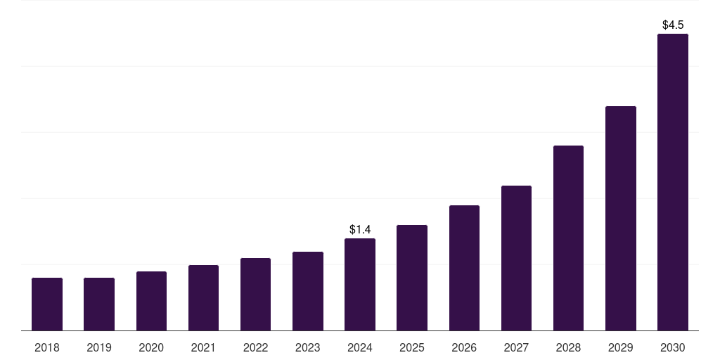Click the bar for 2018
tap(47, 304)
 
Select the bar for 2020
tap(151, 301)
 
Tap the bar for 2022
tap(255, 294)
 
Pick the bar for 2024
tap(360, 284)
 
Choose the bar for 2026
tap(464, 268)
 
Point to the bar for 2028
tap(568, 238)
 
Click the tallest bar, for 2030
tap(673, 182)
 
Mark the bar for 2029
tap(621, 218)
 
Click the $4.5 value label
tap(673, 25)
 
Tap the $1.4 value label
tap(360, 229)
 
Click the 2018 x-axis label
tap(47, 347)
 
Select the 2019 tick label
tap(99, 347)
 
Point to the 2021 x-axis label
tap(203, 347)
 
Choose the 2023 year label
tap(308, 347)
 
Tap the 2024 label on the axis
tap(360, 347)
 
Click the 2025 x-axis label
tap(412, 347)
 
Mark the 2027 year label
tap(516, 347)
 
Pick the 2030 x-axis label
tap(673, 347)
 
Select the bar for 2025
tap(412, 278)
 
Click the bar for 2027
tap(516, 258)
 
